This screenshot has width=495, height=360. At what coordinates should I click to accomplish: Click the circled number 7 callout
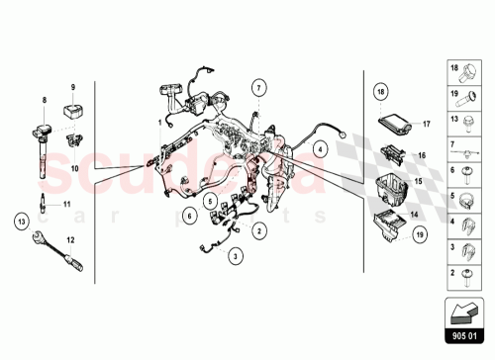pyautogui.click(x=257, y=87)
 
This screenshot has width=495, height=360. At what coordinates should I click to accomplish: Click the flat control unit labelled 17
pyautogui.click(x=397, y=125)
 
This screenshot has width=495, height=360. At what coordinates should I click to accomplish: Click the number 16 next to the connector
pyautogui.click(x=421, y=156)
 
